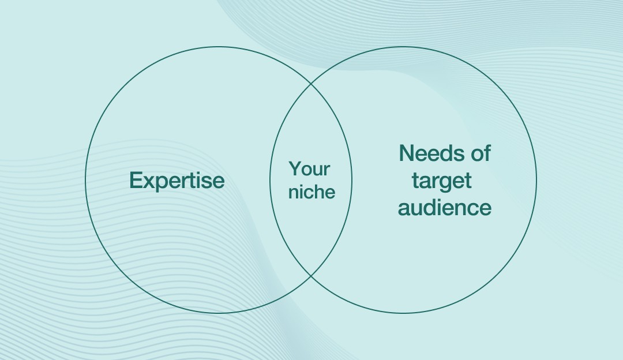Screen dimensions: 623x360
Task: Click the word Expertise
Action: coord(177,181)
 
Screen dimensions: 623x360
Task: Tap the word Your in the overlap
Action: coord(309,169)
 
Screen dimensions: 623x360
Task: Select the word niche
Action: coord(311,192)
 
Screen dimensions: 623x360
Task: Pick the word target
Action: coord(441,181)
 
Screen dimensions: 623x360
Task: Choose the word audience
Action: coord(445,207)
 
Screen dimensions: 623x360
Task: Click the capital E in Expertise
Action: coord(135,180)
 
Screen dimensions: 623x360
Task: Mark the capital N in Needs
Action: coord(407,153)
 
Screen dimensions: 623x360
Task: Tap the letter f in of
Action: coord(486,153)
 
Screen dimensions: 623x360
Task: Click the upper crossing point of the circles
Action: coord(311,84)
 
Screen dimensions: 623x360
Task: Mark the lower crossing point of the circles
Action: coord(311,276)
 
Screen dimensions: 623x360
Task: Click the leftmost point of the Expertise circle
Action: coord(85,180)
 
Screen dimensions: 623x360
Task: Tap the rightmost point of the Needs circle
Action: coord(536,180)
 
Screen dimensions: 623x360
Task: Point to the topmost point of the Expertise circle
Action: coord(219,47)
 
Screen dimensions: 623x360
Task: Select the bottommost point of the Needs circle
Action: coord(403,313)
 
